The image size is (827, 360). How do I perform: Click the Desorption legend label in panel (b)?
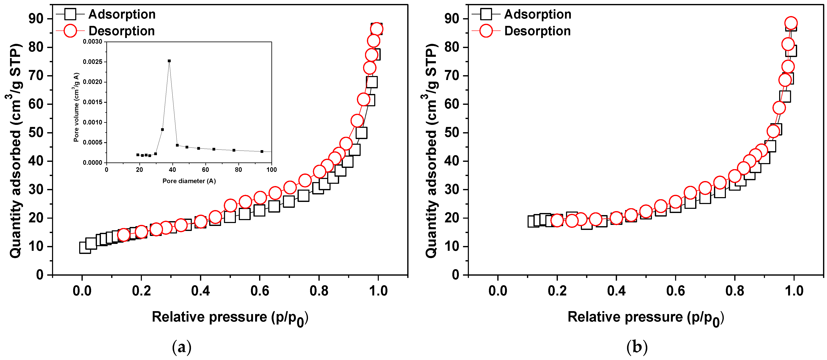537,31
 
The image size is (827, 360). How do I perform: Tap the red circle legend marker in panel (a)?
70,31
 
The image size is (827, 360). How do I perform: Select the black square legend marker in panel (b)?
486,14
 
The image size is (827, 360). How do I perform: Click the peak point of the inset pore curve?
169,61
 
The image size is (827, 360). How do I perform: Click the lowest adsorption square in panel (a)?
85,248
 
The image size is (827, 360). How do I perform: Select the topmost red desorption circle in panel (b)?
791,23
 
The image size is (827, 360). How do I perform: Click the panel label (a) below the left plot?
182,347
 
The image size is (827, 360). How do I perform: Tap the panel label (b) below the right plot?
637,347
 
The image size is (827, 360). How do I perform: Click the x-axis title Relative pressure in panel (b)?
645,317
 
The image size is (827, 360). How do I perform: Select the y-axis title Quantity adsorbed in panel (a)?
15,151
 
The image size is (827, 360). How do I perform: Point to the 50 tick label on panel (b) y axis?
452,133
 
